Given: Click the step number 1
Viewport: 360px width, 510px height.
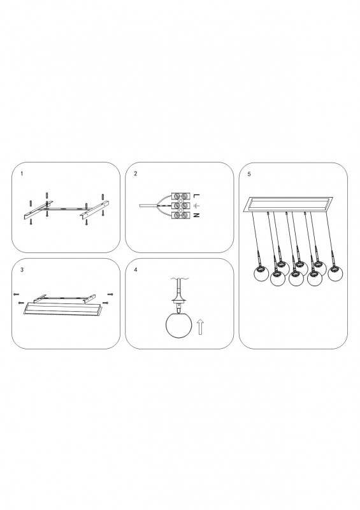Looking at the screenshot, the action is (22, 173).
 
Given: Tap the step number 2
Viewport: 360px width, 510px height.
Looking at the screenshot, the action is (136, 173).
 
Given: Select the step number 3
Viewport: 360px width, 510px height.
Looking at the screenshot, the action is (22, 270).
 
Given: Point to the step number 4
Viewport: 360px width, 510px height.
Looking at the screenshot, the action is (136, 270).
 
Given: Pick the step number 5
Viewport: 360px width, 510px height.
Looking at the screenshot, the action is (249, 174).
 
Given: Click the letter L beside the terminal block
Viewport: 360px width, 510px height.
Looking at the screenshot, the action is (196, 196).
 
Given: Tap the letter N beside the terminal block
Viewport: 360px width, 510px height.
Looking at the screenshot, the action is (196, 215).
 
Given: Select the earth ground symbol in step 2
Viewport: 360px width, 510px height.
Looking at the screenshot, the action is (196, 205).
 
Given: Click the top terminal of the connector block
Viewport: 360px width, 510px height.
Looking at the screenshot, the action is (181, 196).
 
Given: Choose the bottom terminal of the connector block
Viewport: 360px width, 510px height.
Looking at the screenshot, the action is (181, 215).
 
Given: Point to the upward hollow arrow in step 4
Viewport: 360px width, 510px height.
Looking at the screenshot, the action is (200, 326).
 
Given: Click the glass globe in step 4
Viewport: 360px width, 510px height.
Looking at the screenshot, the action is (178, 326).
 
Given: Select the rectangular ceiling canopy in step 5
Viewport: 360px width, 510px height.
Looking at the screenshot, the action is (289, 204).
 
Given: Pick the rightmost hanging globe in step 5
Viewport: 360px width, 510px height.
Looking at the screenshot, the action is (336, 273).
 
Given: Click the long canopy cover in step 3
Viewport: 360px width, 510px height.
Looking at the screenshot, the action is (61, 309).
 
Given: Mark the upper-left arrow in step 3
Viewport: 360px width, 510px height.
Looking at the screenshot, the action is (17, 295).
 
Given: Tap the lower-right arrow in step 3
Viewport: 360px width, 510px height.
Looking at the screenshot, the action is (105, 303).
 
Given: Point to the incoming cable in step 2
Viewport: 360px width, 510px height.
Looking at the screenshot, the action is (148, 205).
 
